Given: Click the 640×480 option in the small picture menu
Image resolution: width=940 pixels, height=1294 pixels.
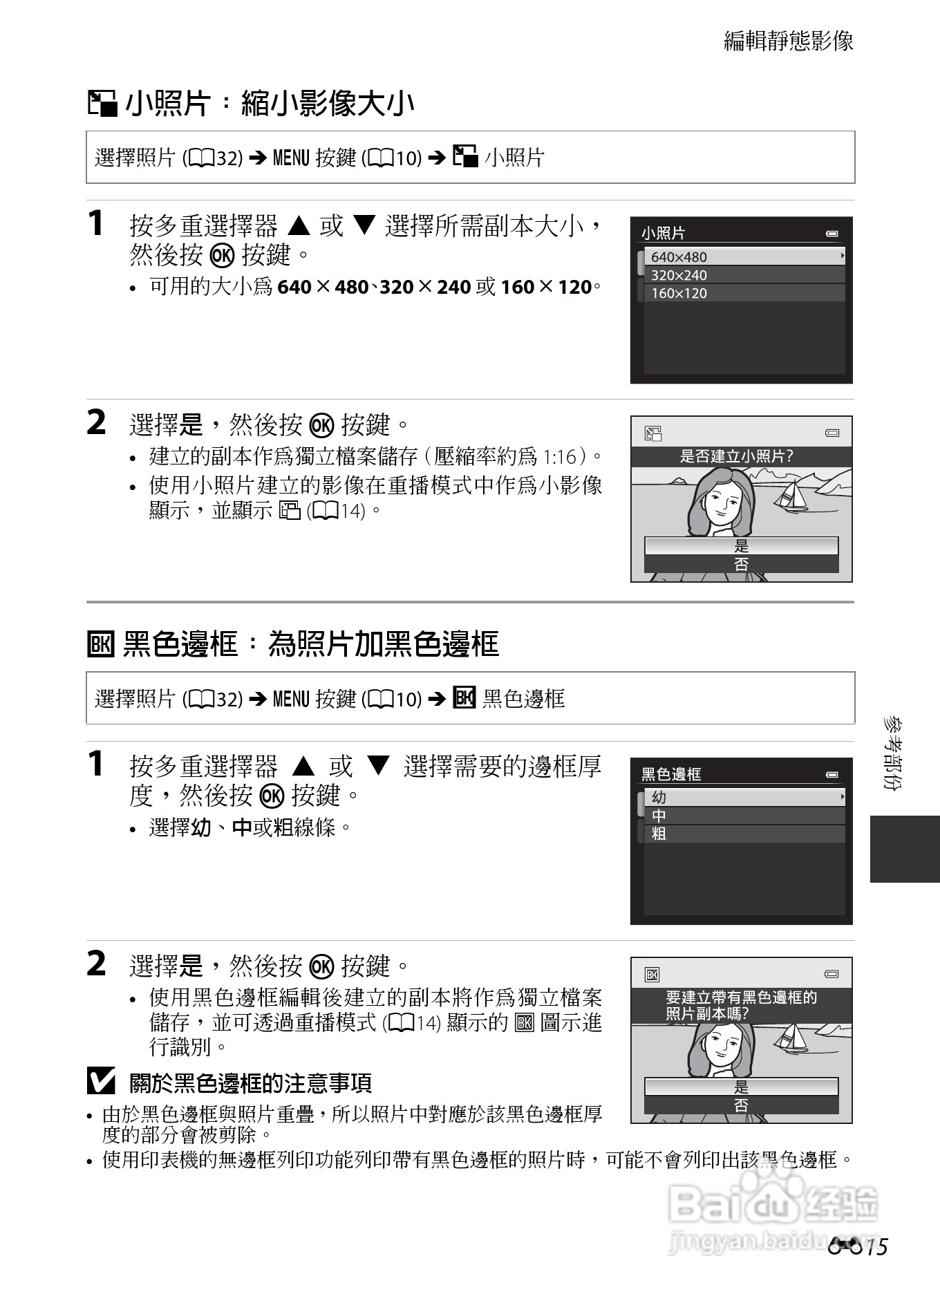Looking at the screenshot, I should pyautogui.click(x=744, y=256).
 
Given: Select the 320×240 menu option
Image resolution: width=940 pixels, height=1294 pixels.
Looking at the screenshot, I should pyautogui.click(x=744, y=275).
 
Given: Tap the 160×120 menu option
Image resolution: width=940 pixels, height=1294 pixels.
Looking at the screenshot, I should pyautogui.click(x=744, y=293).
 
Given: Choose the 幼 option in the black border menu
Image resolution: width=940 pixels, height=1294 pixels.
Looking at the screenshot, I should pyautogui.click(x=744, y=797).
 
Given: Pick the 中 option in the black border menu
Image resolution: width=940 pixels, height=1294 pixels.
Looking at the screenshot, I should pyautogui.click(x=744, y=816).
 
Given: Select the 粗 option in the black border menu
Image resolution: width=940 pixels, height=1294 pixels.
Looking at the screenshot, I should pyautogui.click(x=744, y=834).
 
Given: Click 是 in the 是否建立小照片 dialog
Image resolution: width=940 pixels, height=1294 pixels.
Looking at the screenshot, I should pyautogui.click(x=741, y=546).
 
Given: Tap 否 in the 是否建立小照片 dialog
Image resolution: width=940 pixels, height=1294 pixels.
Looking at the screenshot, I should pyautogui.click(x=741, y=564).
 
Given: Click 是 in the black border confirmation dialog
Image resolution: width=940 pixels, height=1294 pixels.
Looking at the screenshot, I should pyautogui.click(x=741, y=1087).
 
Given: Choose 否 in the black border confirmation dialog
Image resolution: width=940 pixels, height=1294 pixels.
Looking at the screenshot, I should pyautogui.click(x=741, y=1105).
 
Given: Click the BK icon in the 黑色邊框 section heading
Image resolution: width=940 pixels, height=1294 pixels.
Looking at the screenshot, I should pyautogui.click(x=100, y=644).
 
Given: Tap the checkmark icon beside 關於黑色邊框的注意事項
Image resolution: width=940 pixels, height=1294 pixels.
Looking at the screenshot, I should pyautogui.click(x=101, y=1082).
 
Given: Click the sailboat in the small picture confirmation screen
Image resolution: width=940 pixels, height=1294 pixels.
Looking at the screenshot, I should pyautogui.click(x=792, y=495).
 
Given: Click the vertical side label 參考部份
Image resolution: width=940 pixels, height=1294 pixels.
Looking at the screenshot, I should pyautogui.click(x=892, y=753).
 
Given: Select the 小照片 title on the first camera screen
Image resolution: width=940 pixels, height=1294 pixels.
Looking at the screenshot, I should pyautogui.click(x=664, y=233).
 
